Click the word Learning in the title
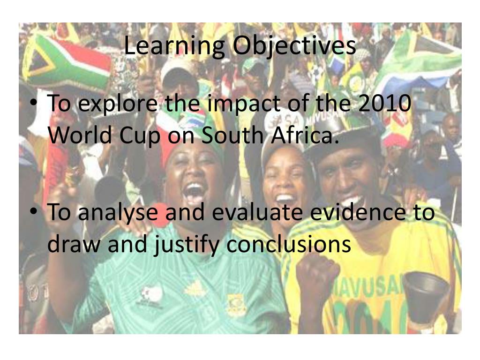click(x=174, y=47)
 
